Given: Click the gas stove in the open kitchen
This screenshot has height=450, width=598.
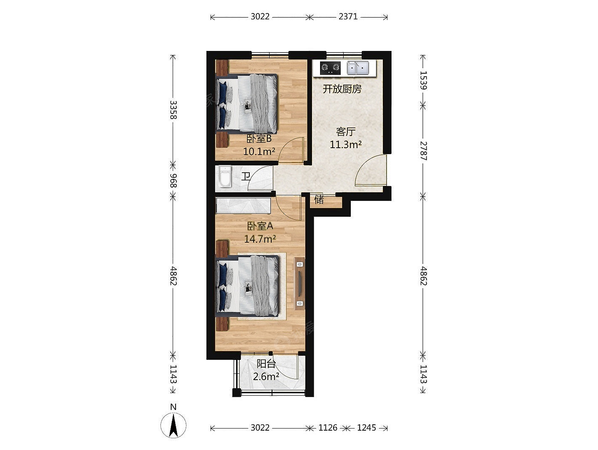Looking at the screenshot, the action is [x=330, y=68].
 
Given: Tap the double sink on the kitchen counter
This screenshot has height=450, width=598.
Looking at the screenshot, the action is [x=358, y=68].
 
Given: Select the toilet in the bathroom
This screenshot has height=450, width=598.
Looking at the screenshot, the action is [x=225, y=177].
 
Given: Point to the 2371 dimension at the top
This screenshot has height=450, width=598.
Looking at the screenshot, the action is [x=348, y=17].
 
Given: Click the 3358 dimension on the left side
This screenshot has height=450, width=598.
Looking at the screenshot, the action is [x=173, y=110].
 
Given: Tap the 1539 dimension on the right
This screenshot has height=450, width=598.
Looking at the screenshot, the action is [x=423, y=80].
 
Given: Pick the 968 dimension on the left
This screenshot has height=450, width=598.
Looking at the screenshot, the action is [x=173, y=181].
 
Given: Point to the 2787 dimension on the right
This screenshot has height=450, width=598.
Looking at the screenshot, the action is [x=423, y=151].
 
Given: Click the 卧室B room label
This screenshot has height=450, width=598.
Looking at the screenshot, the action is [x=259, y=139].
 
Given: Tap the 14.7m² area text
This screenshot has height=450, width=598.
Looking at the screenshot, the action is [x=260, y=239].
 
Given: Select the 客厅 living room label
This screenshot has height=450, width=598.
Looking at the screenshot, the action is [x=345, y=132].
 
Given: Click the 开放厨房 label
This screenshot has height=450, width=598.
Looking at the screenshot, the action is [x=342, y=89].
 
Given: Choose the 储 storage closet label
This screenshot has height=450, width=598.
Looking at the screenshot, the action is [x=319, y=199].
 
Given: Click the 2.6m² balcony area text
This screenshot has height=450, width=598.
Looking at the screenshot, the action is [x=266, y=377].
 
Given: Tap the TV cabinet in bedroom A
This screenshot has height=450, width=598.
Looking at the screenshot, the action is [x=299, y=283].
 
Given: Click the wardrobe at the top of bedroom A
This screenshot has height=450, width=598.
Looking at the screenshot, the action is [x=243, y=206].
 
